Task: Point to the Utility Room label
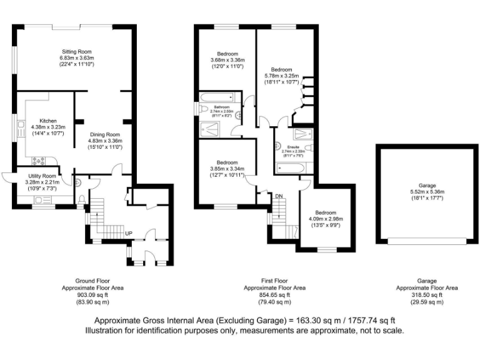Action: tap(40, 176)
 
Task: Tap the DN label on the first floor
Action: tap(279, 196)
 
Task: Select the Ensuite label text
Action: tap(292, 147)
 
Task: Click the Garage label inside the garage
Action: tap(427, 186)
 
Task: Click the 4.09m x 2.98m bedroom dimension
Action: tap(326, 219)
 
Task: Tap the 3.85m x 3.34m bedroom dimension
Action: tap(227, 169)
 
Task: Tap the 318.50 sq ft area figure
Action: tap(427, 295)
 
